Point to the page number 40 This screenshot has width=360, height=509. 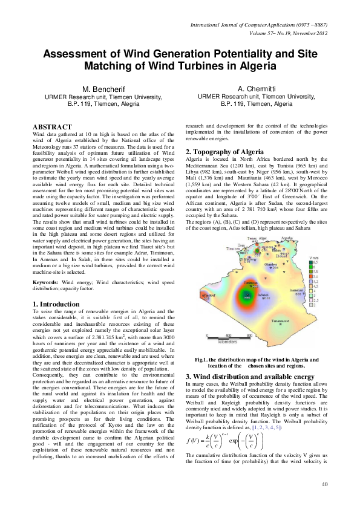(324, 484)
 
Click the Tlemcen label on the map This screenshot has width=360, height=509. (233, 248)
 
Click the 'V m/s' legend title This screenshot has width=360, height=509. (313, 258)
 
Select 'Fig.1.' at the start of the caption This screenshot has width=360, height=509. (202, 360)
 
